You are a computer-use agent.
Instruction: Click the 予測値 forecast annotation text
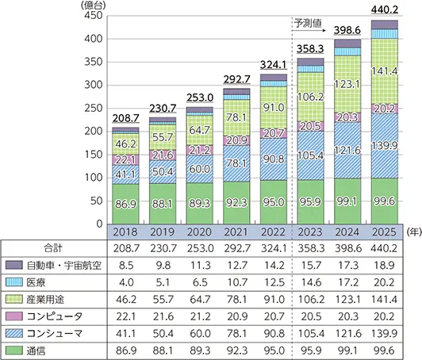309,23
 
